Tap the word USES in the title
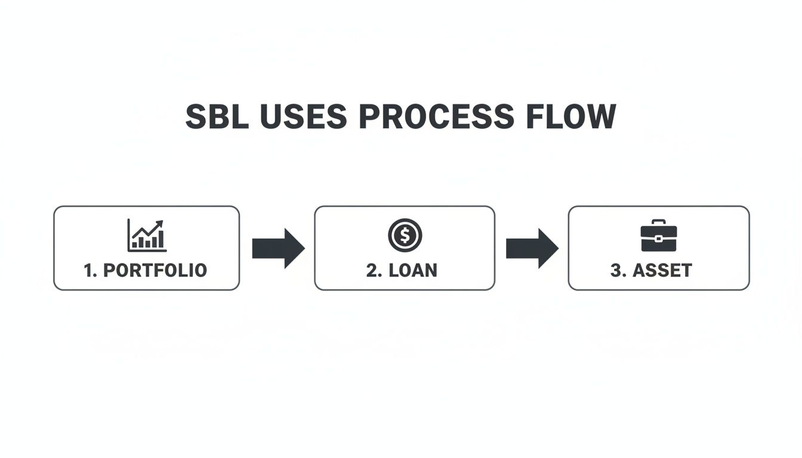click(304, 117)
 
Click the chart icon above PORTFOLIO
click(147, 235)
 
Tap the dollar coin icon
click(405, 235)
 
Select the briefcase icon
click(658, 235)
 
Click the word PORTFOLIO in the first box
click(155, 270)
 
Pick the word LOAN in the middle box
click(412, 270)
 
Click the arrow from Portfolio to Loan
click(278, 248)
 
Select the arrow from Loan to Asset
click(532, 248)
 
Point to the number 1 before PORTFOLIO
click(89, 270)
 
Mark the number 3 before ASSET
click(616, 270)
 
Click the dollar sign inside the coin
click(405, 235)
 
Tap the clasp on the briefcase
click(658, 239)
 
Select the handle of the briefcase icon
click(658, 223)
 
